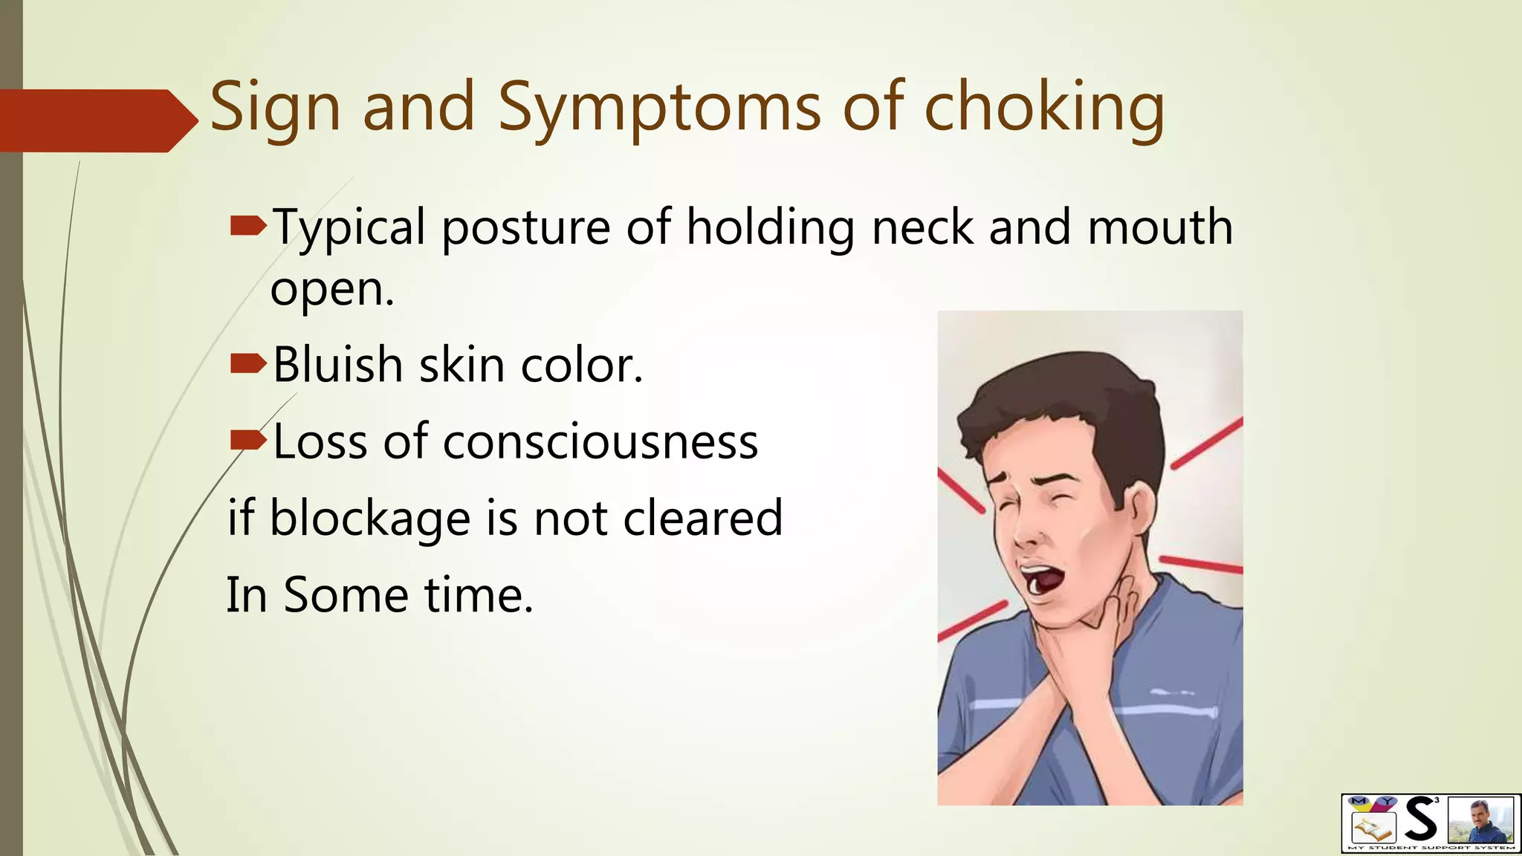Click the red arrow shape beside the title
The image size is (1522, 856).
97,120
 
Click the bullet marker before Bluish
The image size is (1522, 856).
248,363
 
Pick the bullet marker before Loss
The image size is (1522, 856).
248,441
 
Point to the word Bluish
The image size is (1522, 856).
337,365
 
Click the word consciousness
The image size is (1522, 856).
600,442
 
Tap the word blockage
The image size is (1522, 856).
369,518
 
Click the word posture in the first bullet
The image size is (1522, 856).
525,227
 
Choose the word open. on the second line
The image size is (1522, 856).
331,290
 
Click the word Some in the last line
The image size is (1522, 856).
346,595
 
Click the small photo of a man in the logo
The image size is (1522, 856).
1480,820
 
